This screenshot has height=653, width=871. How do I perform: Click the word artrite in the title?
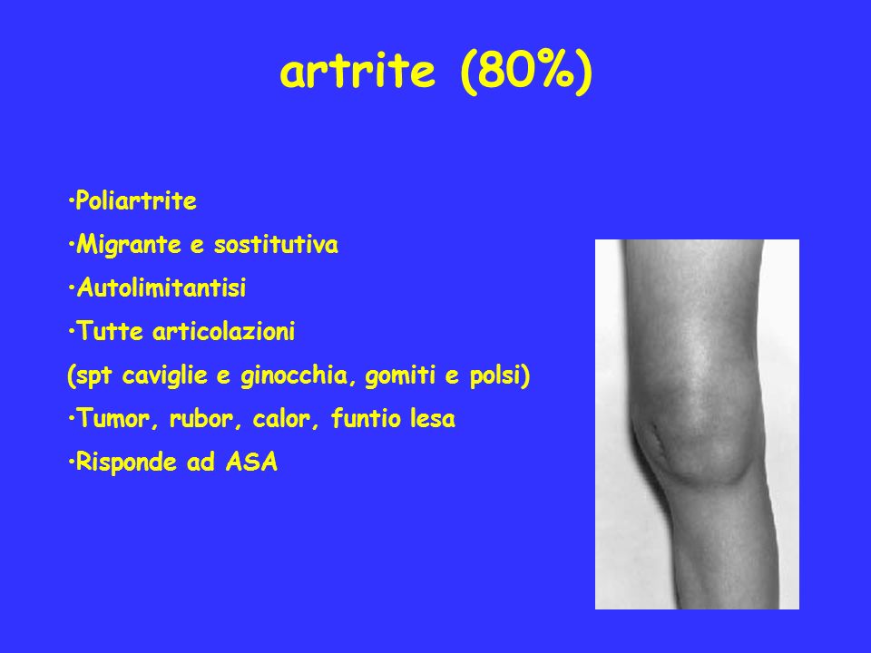pyautogui.click(x=357, y=72)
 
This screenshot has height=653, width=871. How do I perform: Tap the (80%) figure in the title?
pyautogui.click(x=526, y=72)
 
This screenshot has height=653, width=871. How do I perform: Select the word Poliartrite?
pyautogui.click(x=136, y=200)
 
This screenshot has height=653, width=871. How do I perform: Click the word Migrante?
pyautogui.click(x=129, y=245)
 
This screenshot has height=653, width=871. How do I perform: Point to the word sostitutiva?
pyautogui.click(x=276, y=244)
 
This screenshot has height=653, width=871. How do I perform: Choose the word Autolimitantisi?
pyautogui.click(x=161, y=288)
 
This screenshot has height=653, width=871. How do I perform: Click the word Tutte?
pyautogui.click(x=110, y=332)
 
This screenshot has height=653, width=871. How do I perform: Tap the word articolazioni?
pyautogui.click(x=223, y=332)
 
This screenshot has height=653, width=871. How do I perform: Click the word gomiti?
pyautogui.click(x=400, y=375)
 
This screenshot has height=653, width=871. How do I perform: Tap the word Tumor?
pyautogui.click(x=115, y=419)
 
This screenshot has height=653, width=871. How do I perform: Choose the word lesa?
pyautogui.click(x=432, y=419)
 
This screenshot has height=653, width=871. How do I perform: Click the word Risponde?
pyautogui.click(x=126, y=462)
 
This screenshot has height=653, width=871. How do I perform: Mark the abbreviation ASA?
pyautogui.click(x=251, y=462)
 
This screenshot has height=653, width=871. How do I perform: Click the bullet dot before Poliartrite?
pyautogui.click(x=71, y=201)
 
